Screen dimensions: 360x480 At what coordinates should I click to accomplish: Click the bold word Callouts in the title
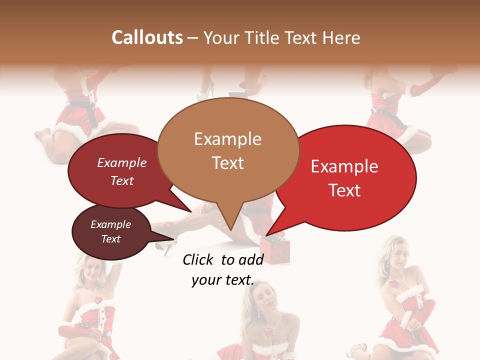(x=147, y=37)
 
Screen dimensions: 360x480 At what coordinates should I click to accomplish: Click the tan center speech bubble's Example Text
(x=227, y=150)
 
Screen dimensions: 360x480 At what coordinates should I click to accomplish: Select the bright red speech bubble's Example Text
(x=344, y=178)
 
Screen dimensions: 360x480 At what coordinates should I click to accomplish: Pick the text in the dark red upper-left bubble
(x=121, y=171)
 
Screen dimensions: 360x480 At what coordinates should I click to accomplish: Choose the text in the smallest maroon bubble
(x=110, y=231)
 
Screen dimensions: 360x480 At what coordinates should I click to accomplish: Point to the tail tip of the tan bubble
(x=230, y=229)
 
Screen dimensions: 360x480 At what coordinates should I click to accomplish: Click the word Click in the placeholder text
(x=200, y=259)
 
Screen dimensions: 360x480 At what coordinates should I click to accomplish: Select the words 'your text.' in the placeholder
(x=223, y=280)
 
